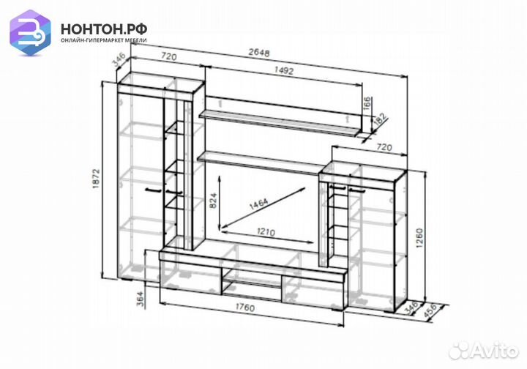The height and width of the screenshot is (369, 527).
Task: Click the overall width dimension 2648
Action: pyautogui.click(x=259, y=53)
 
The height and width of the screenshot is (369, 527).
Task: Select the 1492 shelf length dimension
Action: pyautogui.click(x=284, y=70)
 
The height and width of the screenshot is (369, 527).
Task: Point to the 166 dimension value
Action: pyautogui.click(x=367, y=104)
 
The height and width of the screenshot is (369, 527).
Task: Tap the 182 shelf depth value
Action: pyautogui.click(x=381, y=119)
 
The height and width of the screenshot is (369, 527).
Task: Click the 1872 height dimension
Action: pyautogui.click(x=97, y=178)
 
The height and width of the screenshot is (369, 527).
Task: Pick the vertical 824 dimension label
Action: pyautogui.click(x=213, y=201)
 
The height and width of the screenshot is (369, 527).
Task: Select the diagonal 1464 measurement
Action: pyautogui.click(x=258, y=204)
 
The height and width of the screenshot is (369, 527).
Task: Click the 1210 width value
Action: pyautogui.click(x=266, y=232)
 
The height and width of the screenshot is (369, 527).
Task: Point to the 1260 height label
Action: pyautogui.click(x=419, y=238)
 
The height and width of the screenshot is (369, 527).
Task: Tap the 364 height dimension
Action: pyautogui.click(x=140, y=299)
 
